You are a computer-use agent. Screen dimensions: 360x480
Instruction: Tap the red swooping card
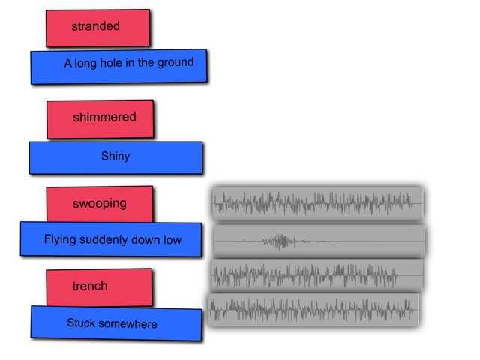[x=100, y=204]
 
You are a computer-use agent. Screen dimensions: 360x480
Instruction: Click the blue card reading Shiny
[x=115, y=157]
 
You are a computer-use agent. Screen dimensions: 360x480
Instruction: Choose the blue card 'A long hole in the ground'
[x=118, y=66]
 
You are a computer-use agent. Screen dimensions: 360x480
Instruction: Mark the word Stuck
[x=80, y=323]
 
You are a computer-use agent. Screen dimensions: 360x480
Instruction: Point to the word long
[x=85, y=64]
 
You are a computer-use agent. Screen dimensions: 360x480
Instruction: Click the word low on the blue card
[x=171, y=240]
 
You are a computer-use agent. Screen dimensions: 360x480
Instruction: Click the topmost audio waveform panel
[x=317, y=203]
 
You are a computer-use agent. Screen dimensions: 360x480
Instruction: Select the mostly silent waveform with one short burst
[x=319, y=241]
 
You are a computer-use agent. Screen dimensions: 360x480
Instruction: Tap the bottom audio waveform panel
[x=312, y=308]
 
